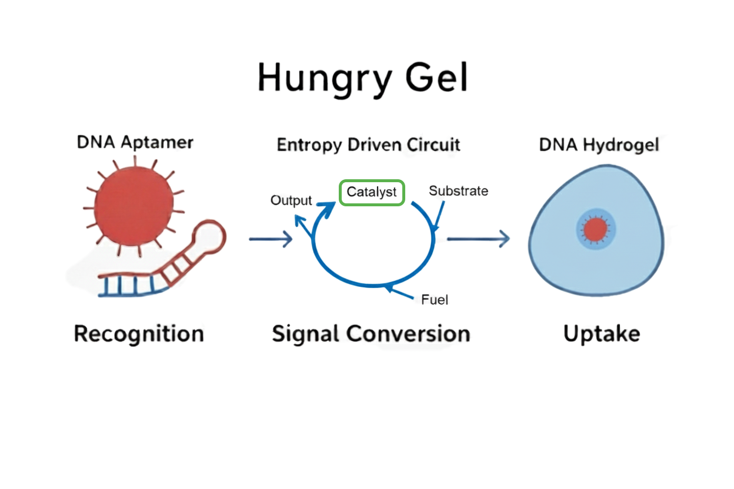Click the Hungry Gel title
[363, 78]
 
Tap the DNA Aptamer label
[135, 142]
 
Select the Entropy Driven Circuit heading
[368, 145]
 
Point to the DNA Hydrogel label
[599, 145]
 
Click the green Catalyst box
[372, 192]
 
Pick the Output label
[291, 200]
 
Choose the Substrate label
[458, 191]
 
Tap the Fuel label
[435, 300]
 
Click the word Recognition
[139, 334]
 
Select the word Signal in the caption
[306, 334]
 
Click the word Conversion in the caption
[408, 334]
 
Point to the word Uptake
[601, 334]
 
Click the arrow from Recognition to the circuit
[271, 239]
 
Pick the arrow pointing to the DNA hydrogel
[478, 239]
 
